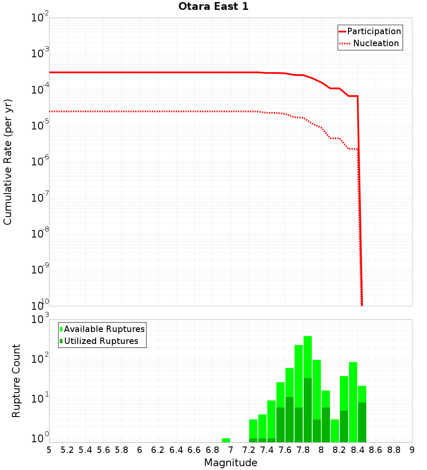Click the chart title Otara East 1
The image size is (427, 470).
click(213, 7)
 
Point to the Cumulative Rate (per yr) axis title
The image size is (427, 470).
click(8, 162)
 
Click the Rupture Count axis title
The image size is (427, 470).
click(16, 380)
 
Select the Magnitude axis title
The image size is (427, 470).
click(231, 463)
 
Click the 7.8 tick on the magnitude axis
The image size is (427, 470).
click(303, 450)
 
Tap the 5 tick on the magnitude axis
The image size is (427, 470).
click(49, 450)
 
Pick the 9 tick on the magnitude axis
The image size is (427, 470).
click(412, 450)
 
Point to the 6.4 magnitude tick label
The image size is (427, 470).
click(176, 450)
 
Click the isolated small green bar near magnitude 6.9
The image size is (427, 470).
click(226, 440)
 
